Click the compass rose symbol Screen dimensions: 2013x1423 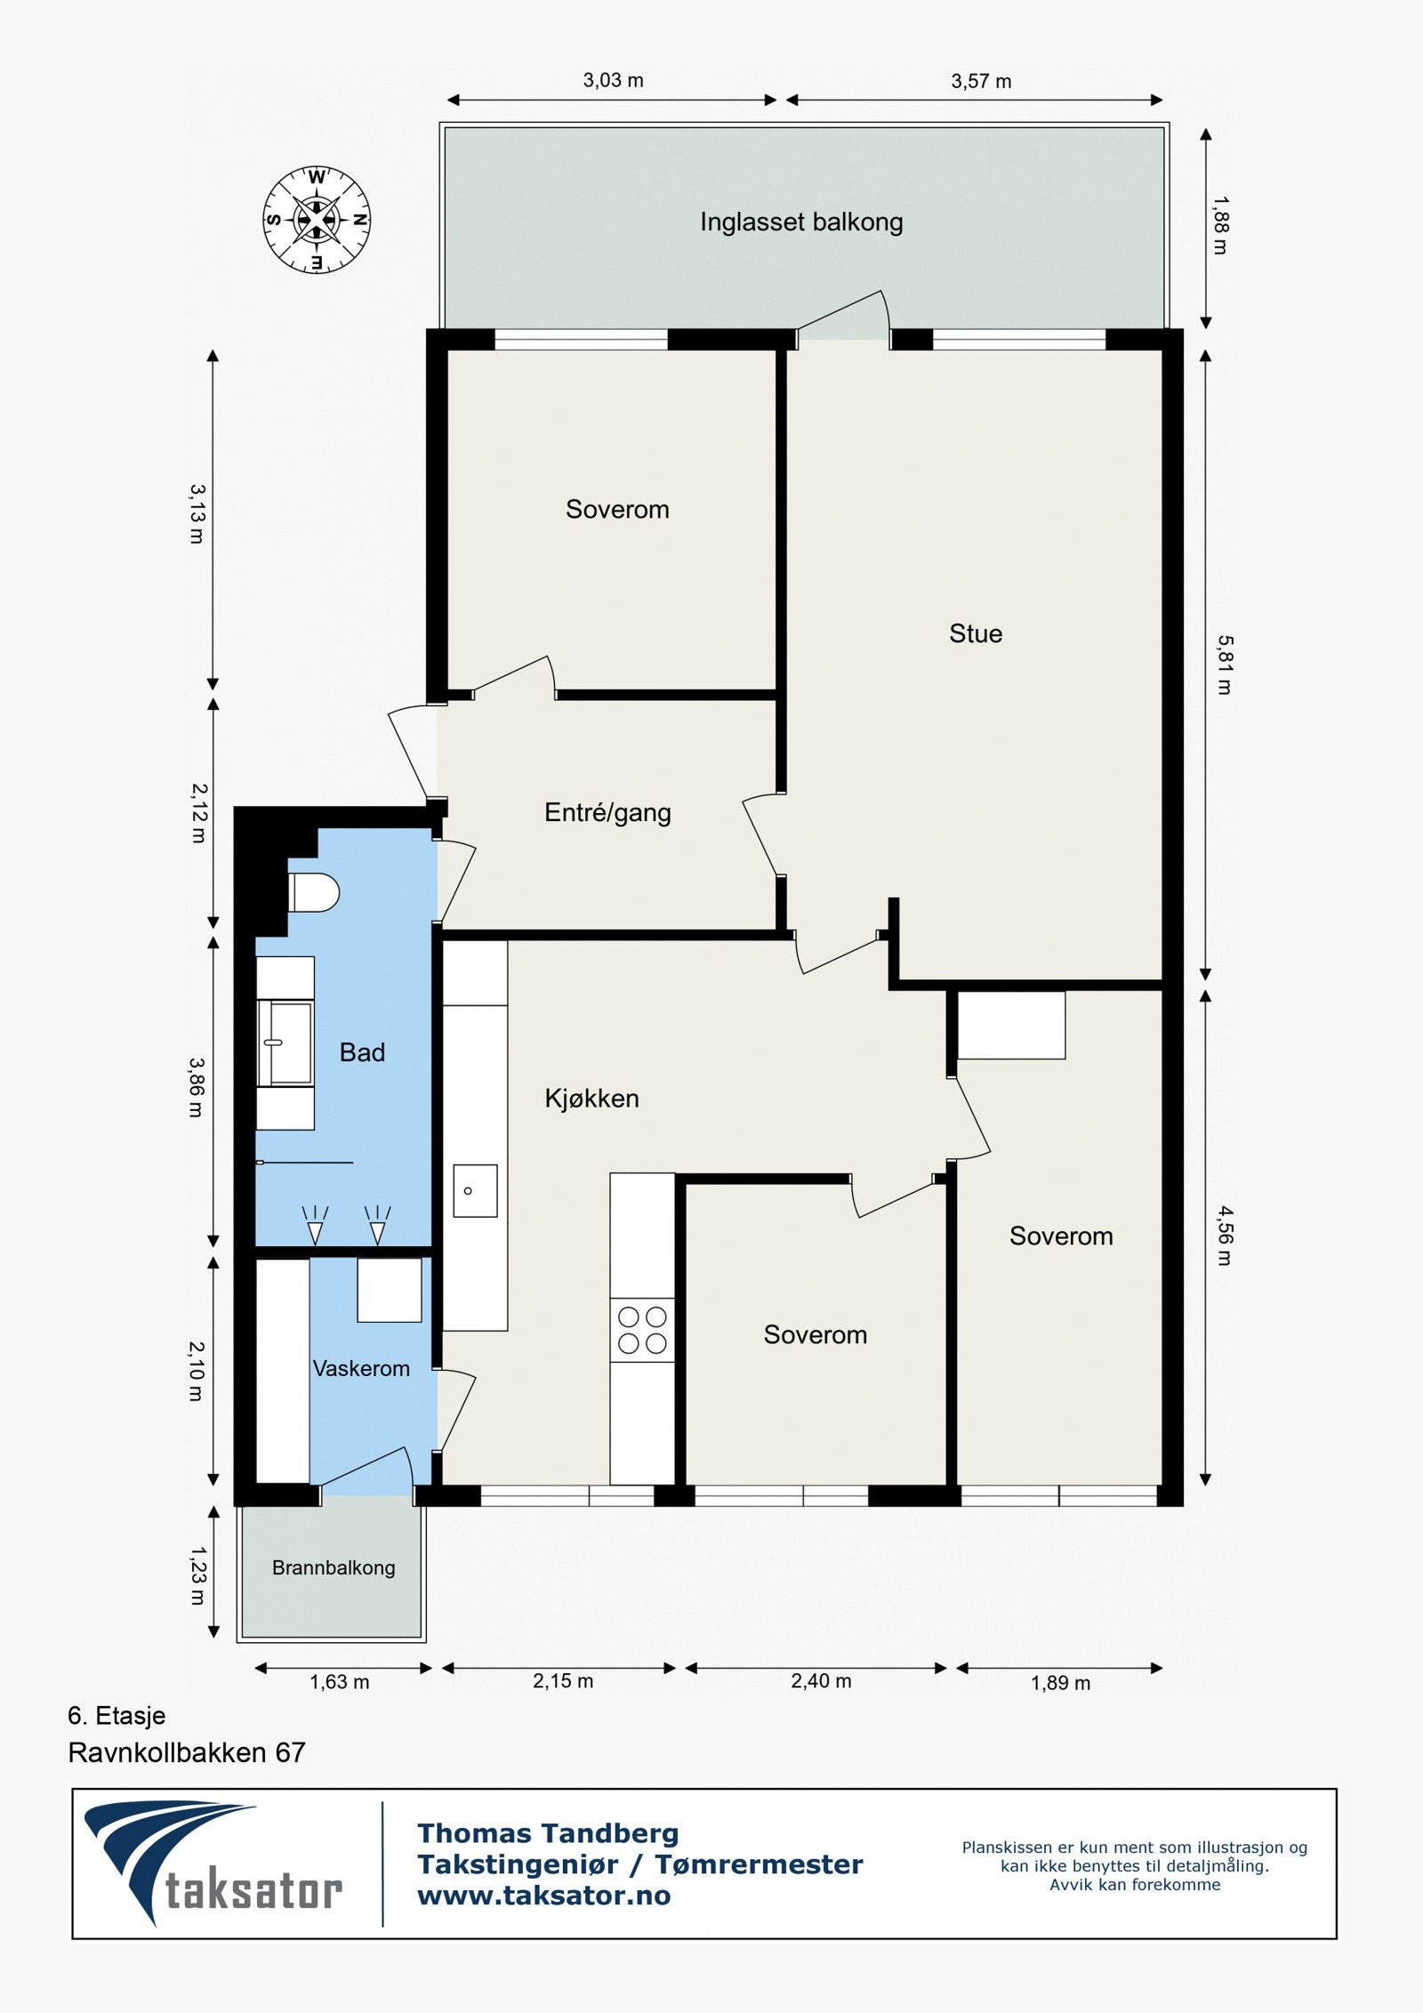click(x=317, y=219)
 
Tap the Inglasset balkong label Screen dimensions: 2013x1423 click(x=800, y=221)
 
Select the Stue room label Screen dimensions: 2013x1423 click(x=975, y=633)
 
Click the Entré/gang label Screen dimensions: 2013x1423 click(x=607, y=812)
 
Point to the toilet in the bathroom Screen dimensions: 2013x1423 click(x=313, y=892)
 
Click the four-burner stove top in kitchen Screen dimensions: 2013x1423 click(x=642, y=1330)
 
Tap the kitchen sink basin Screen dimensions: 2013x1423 click(x=475, y=1190)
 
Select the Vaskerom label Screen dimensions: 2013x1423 click(x=361, y=1368)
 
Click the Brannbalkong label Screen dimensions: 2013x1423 click(x=334, y=1567)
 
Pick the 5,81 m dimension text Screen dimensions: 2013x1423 click(x=1225, y=664)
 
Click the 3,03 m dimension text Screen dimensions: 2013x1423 click(x=613, y=80)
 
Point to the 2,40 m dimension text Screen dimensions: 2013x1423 click(x=821, y=1680)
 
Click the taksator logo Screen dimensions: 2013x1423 click(x=213, y=1863)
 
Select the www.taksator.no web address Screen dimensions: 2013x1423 click(x=543, y=1896)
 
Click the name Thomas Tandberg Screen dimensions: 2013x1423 click(x=548, y=1833)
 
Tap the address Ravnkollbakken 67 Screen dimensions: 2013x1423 click(x=187, y=1752)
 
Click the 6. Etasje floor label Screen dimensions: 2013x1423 click(x=117, y=1715)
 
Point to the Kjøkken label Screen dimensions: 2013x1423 click(x=591, y=1099)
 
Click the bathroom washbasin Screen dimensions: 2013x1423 click(x=287, y=1043)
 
